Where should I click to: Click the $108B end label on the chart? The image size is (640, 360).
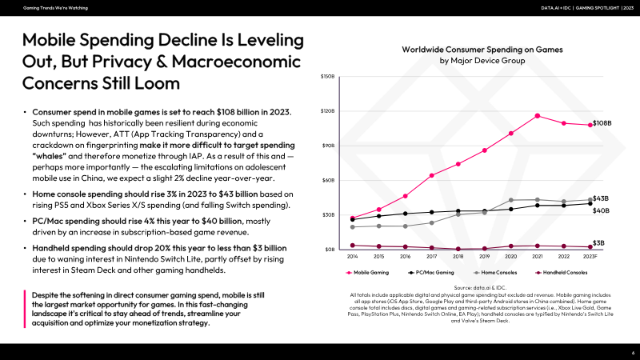click(602, 123)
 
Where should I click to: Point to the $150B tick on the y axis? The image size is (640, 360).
click(328, 77)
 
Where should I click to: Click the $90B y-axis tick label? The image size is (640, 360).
click(329, 146)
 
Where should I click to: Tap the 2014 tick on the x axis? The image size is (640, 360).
click(352, 257)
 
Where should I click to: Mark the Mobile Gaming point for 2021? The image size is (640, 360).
click(537, 116)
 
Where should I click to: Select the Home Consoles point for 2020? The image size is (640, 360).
click(510, 200)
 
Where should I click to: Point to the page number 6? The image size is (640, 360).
click(633, 352)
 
